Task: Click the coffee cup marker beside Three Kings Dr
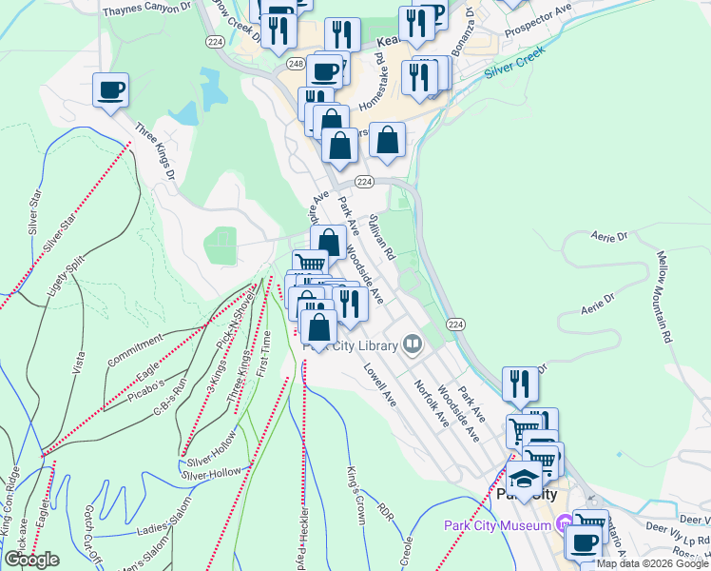click(110, 90)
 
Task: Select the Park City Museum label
click(498, 524)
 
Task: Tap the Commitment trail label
click(129, 349)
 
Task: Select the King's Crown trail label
click(356, 486)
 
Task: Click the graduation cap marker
click(523, 478)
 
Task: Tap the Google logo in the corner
click(31, 560)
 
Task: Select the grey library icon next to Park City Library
click(413, 344)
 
